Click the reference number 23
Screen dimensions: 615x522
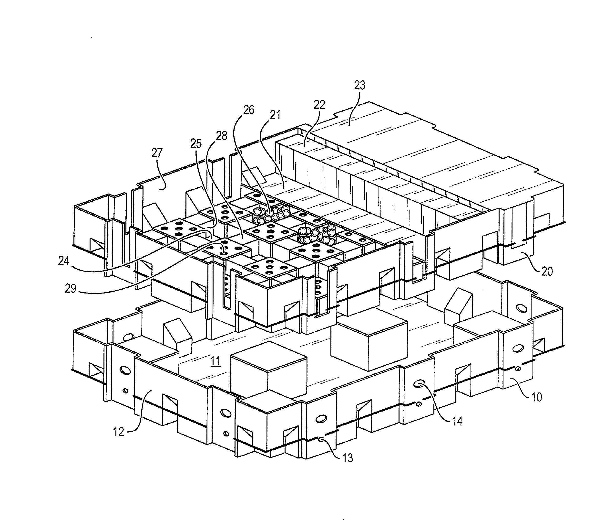click(360, 85)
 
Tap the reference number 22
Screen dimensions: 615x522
click(319, 104)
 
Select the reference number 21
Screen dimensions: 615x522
click(275, 115)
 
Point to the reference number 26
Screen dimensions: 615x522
click(249, 110)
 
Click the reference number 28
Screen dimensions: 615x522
click(222, 136)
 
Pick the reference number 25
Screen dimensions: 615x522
click(196, 143)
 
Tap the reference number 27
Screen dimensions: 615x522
click(157, 153)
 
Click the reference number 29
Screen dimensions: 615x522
click(71, 288)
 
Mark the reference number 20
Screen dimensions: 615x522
click(547, 271)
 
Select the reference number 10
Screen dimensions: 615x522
click(537, 397)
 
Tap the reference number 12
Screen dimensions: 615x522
click(119, 432)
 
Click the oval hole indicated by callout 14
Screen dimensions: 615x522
click(419, 385)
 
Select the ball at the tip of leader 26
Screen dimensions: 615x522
click(269, 213)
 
